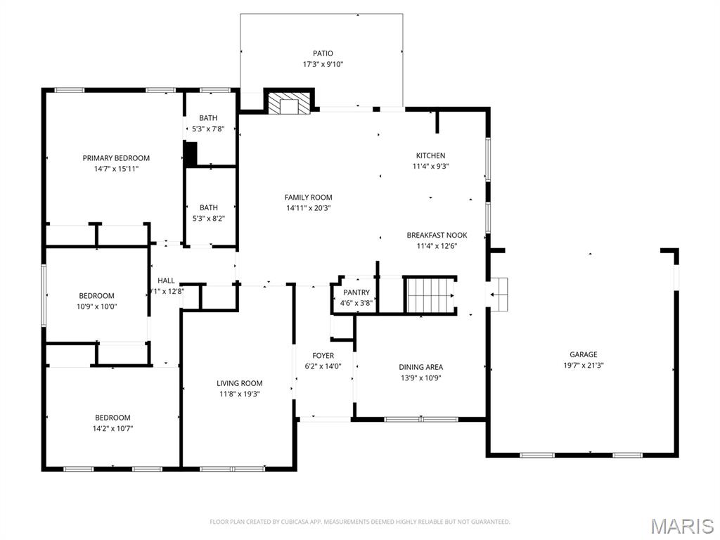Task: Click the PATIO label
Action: point(323,53)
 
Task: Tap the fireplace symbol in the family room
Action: point(288,103)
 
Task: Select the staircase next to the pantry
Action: point(430,295)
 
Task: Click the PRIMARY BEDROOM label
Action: point(116,158)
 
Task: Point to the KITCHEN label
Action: point(430,155)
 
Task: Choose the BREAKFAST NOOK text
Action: point(437,236)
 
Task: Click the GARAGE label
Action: point(583,354)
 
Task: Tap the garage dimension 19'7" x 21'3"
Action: point(583,365)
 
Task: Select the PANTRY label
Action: point(356,292)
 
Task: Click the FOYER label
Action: point(323,356)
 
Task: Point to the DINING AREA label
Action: point(420,367)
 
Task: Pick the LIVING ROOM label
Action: point(239,383)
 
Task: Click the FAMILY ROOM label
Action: point(308,198)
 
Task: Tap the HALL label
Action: point(166,281)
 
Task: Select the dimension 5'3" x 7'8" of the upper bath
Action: point(208,129)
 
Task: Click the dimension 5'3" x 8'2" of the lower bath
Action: point(208,218)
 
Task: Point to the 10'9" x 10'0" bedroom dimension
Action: point(97,306)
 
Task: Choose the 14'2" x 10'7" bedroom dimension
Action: point(112,427)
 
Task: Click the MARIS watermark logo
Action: point(681,526)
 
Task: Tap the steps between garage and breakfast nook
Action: point(499,293)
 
